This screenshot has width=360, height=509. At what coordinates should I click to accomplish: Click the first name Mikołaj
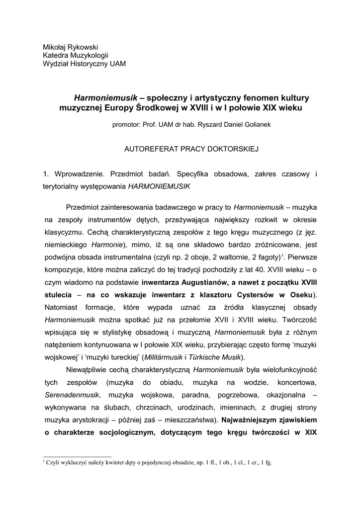click(x=56, y=47)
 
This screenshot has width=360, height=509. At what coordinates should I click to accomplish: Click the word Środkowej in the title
click(x=160, y=106)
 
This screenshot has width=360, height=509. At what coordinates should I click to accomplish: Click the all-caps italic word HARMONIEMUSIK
click(x=159, y=187)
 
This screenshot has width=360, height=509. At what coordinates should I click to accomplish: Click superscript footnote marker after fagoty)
click(x=282, y=255)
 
